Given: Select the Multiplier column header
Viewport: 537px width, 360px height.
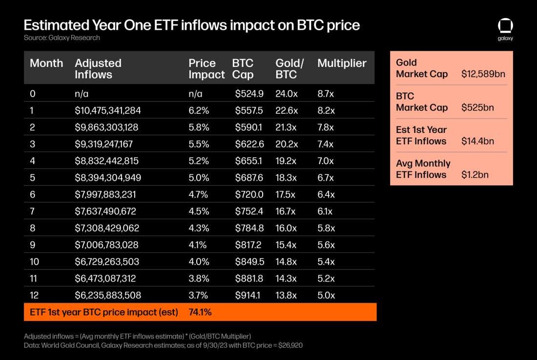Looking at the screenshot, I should (342, 63).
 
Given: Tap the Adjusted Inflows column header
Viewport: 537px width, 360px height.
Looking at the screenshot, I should (98, 69).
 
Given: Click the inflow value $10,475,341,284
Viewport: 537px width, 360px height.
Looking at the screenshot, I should (107, 111).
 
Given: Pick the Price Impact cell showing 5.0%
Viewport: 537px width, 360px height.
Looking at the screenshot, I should (198, 178).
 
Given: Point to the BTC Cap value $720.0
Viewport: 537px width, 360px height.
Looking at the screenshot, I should (249, 194).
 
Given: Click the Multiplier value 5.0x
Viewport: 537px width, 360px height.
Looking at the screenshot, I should (326, 295).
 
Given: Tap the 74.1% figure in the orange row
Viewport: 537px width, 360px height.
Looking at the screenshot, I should (200, 312).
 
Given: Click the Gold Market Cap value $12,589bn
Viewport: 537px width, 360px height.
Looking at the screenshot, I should (483, 74).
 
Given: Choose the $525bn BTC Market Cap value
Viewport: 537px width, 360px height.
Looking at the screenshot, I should (477, 107).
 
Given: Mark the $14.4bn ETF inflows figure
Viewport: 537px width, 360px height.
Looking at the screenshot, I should (477, 141).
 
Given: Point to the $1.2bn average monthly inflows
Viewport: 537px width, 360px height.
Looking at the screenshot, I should (475, 174).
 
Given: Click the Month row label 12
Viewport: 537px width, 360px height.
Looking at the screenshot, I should (34, 295).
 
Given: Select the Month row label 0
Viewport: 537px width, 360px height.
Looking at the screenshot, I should (33, 94).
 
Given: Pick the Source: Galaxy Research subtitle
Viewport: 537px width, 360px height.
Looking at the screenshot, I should (62, 38).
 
